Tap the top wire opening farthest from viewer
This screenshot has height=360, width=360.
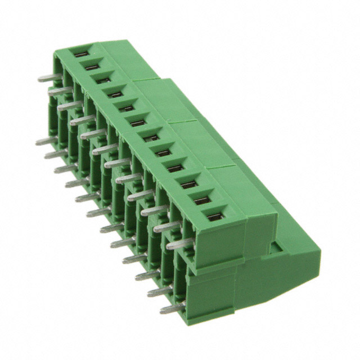point(81,53)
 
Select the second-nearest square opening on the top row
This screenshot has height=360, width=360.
point(201,200)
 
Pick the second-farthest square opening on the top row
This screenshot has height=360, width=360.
point(92,66)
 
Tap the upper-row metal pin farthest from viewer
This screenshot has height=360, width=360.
point(49,78)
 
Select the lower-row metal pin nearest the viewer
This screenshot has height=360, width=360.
point(172,308)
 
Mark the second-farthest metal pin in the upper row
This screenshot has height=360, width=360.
point(60,90)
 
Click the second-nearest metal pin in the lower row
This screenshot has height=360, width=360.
point(159,292)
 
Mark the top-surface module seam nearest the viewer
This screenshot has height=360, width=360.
point(225,169)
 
